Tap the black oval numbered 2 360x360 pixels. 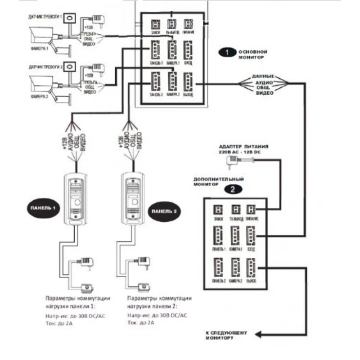(232, 189)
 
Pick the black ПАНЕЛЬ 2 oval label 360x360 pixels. (162, 211)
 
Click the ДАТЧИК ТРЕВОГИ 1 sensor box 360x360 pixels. (71, 19)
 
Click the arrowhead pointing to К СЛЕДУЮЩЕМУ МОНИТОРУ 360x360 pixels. (259, 335)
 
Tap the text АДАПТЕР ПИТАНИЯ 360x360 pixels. (243, 147)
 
